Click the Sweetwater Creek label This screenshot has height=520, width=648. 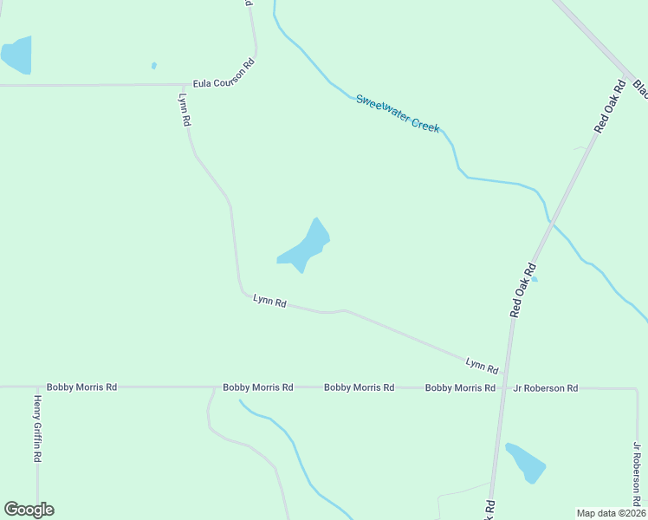(398, 114)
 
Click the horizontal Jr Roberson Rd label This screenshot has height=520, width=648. (545, 388)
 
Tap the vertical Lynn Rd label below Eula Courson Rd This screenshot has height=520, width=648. (184, 110)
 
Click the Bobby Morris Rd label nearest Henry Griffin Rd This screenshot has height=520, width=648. (81, 387)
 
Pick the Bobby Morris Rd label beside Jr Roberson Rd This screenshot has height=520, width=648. (460, 388)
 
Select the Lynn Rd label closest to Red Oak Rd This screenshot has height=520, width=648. (482, 365)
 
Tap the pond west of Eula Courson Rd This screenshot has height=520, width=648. (16, 55)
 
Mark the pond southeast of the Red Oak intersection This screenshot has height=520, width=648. (525, 463)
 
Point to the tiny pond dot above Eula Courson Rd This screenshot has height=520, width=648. (154, 65)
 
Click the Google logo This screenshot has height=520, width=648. (29, 510)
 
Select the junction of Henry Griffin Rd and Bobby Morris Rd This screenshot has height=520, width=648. (37, 387)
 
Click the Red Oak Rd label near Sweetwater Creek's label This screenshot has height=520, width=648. (610, 107)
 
